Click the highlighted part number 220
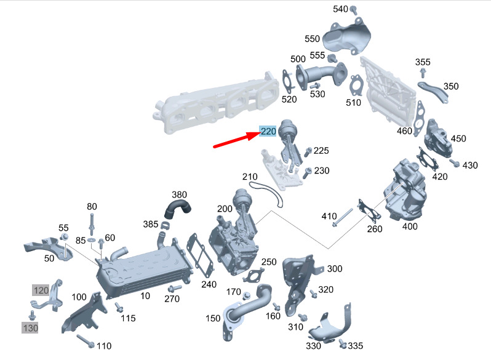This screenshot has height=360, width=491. click(x=268, y=131)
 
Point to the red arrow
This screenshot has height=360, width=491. click(x=236, y=140)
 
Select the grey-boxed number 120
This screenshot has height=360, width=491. click(x=41, y=290)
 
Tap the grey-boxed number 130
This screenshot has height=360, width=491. click(x=30, y=328)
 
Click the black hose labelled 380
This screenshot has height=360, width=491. click(x=177, y=209)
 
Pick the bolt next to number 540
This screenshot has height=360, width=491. click(x=354, y=10)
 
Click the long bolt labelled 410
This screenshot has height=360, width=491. click(x=342, y=217)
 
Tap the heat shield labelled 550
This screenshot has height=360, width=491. click(x=346, y=36)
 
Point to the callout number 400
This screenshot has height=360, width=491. click(x=410, y=226)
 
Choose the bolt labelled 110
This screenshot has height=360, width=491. click(x=86, y=341)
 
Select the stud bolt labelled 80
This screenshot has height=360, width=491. click(x=92, y=225)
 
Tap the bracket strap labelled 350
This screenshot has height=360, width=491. click(x=434, y=92)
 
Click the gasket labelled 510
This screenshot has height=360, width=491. click(x=357, y=85)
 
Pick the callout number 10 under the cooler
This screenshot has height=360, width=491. click(x=145, y=295)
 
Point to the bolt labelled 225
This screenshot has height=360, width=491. click(x=308, y=152)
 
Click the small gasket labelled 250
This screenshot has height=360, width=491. click(x=253, y=275)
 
